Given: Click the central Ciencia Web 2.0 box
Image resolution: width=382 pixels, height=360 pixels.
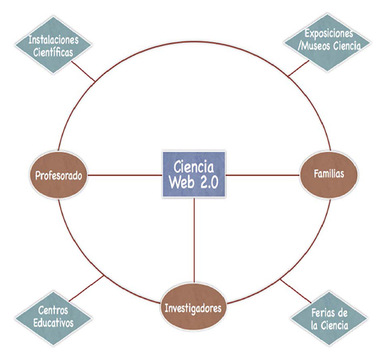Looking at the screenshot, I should pyautogui.click(x=194, y=174).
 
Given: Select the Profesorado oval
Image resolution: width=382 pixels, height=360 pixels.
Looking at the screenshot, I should pyautogui.click(x=59, y=176).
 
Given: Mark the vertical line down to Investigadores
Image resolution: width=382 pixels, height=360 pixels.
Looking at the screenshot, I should pyautogui.click(x=194, y=244).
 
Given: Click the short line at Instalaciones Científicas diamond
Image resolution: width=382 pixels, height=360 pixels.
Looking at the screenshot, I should pyautogui.click(x=82, y=70).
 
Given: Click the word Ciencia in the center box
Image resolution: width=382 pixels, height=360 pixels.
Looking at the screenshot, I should pyautogui.click(x=194, y=166).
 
